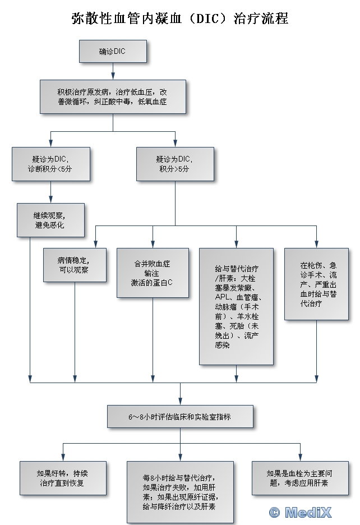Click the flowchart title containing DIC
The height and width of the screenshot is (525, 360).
tap(180, 18)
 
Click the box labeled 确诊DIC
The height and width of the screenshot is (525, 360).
tap(113, 51)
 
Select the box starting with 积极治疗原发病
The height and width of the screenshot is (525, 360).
tap(113, 96)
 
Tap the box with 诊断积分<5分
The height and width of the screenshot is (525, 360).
tap(51, 164)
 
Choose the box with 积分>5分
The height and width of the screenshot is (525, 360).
tap(175, 164)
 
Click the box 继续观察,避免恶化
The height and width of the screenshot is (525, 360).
tap(51, 219)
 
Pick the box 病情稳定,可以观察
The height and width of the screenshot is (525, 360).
tap(75, 265)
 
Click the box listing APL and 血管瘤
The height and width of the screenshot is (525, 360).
tap(236, 306)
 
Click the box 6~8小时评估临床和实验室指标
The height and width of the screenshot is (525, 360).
tap(180, 417)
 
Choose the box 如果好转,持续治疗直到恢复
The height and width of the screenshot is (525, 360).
tap(63, 478)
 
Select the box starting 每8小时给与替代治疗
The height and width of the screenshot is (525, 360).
tap(180, 492)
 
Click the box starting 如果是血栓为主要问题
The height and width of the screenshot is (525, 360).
tap(301, 478)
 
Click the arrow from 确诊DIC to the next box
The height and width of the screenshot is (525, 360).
tap(113, 71)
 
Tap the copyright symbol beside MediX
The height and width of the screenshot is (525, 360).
tap(274, 512)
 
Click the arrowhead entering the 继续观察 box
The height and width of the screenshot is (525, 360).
tap(51, 200)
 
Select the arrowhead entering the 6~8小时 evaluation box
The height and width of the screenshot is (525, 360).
tap(180, 403)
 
